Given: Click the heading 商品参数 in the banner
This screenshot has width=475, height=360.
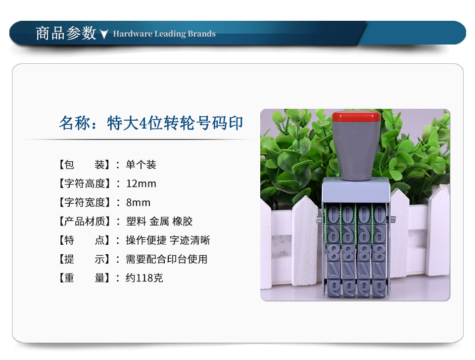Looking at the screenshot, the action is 66,33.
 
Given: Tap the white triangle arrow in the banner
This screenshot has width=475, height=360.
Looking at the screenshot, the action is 104,34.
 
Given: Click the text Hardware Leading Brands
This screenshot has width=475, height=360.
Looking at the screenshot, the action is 164,34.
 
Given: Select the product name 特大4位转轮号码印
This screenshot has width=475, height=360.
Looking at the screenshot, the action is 175,123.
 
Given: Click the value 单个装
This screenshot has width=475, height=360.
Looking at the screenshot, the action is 141,165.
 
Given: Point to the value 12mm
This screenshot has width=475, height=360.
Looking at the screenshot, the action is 141,184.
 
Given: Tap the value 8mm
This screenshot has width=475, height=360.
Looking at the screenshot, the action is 138,203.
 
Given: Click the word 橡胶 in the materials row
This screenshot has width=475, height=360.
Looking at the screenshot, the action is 183,222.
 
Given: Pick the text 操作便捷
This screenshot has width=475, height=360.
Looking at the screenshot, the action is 146,240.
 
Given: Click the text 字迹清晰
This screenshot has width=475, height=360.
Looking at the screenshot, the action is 190,240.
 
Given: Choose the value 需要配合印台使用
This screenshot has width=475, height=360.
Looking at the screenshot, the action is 167,259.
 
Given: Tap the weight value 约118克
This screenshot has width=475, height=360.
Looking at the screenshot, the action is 144,278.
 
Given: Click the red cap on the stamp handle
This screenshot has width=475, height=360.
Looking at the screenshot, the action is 356,116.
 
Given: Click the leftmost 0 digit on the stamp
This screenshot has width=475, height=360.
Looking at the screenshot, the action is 333,215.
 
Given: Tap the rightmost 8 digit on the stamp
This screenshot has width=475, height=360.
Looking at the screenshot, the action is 379,253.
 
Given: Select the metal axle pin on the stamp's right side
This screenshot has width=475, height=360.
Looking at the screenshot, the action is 393,219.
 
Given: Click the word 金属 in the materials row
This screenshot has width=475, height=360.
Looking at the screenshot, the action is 159,222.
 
